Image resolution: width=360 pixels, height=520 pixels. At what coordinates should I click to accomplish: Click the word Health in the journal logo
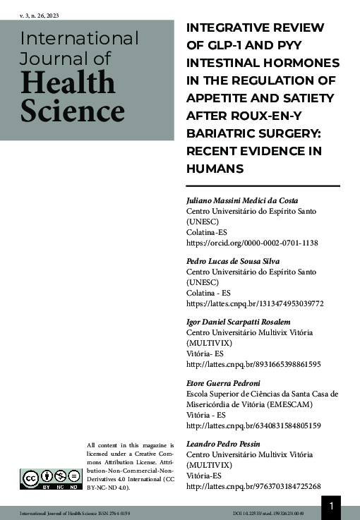tap(68, 83)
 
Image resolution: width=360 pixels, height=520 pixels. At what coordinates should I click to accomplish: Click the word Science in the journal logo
tap(72, 111)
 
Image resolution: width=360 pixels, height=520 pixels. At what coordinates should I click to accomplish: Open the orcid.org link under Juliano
tap(251, 243)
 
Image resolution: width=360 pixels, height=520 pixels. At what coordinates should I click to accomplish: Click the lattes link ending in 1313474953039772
tap(254, 303)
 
